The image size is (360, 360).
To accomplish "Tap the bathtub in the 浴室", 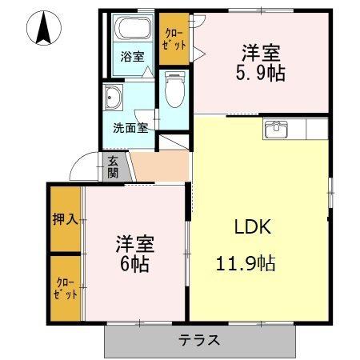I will click(134, 30).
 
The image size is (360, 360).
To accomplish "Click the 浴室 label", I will click(132, 57).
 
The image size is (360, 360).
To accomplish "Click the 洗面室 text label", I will click(130, 127).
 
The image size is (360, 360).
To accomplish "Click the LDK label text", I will click(253, 226).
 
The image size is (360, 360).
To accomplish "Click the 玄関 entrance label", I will click(113, 166).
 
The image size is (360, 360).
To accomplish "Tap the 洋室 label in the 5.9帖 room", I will click(262, 53).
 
